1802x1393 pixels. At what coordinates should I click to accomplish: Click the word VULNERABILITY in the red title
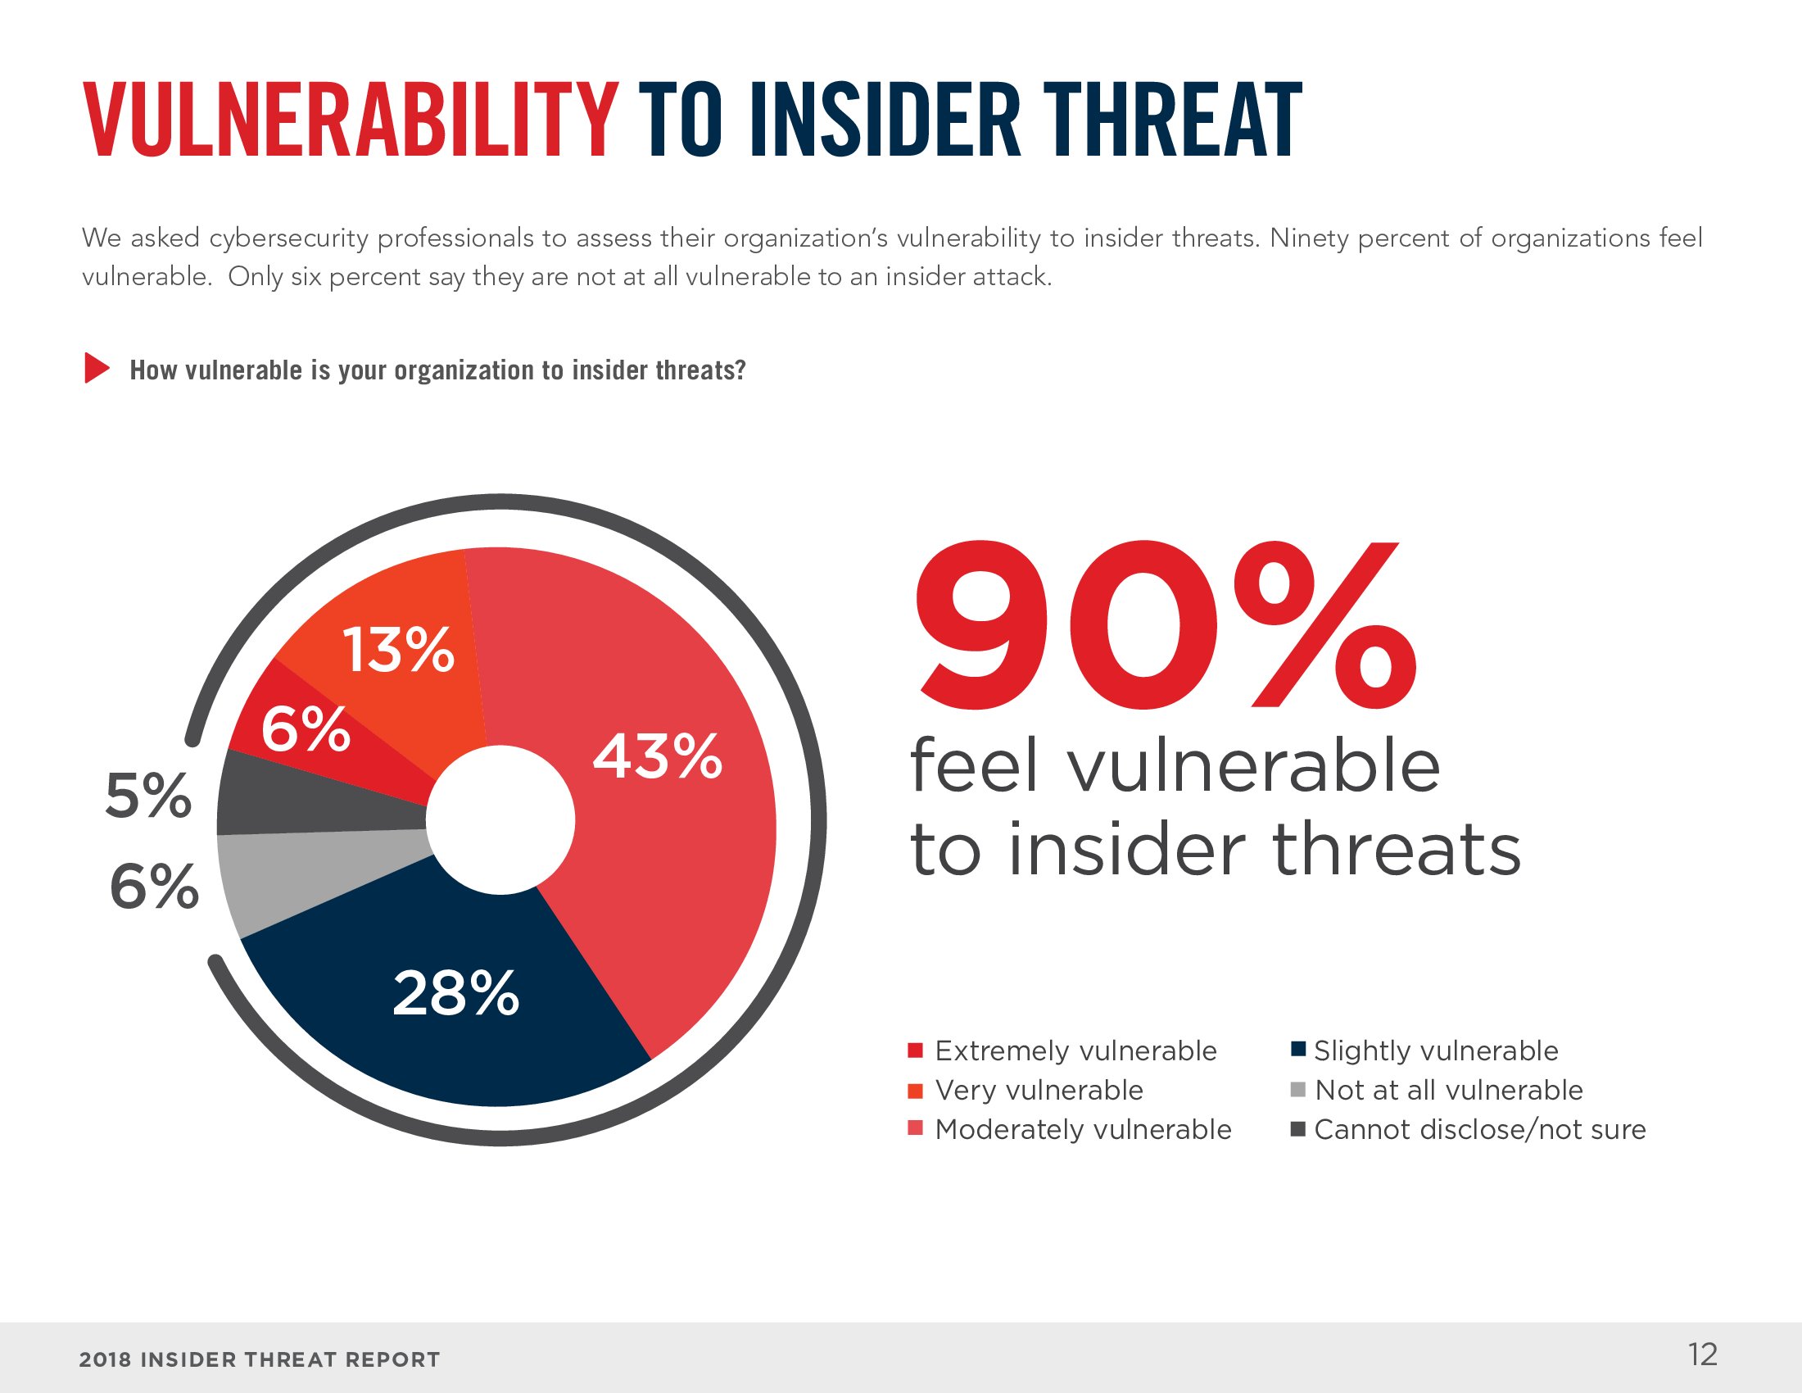tap(351, 120)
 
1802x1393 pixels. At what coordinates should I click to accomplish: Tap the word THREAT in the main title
tap(1172, 120)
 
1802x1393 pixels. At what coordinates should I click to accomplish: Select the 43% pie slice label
tap(658, 757)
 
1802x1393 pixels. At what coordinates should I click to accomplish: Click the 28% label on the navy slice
tap(455, 993)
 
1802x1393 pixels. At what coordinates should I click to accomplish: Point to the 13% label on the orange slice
tap(398, 650)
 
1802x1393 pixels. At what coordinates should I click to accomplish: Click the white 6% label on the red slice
tap(306, 729)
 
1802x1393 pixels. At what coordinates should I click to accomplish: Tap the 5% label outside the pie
tap(148, 796)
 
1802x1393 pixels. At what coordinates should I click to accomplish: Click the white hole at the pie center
tap(500, 819)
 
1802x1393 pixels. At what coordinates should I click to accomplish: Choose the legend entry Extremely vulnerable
tap(1062, 1050)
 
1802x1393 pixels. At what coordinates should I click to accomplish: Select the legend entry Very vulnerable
tap(1026, 1090)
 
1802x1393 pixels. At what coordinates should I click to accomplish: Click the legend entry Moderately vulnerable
tap(1069, 1129)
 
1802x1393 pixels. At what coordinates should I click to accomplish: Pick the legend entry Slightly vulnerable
tap(1425, 1050)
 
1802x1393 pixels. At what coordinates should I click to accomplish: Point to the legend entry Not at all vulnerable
tap(1438, 1090)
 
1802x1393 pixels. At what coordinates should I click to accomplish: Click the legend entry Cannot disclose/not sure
tap(1469, 1129)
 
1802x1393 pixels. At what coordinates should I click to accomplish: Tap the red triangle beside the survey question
tap(96, 368)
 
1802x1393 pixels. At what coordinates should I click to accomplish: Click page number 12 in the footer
tap(1702, 1354)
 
